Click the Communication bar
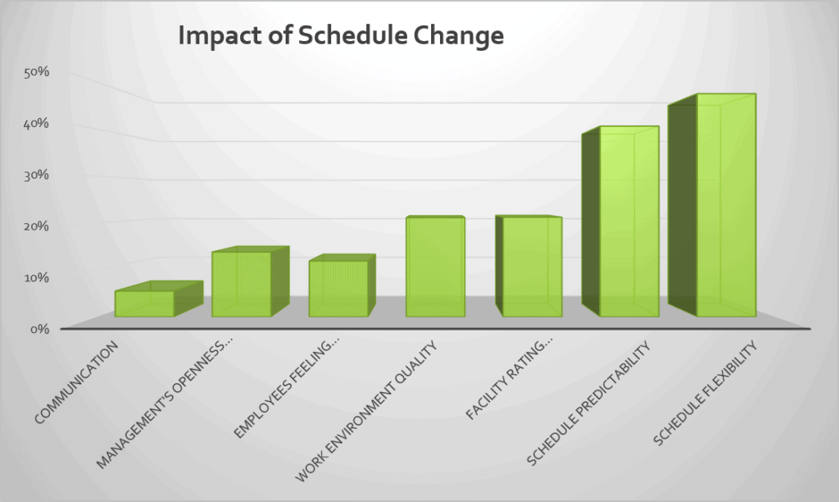click(144, 303)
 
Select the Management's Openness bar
click(242, 284)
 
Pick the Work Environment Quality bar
click(435, 267)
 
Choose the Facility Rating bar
click(532, 267)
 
